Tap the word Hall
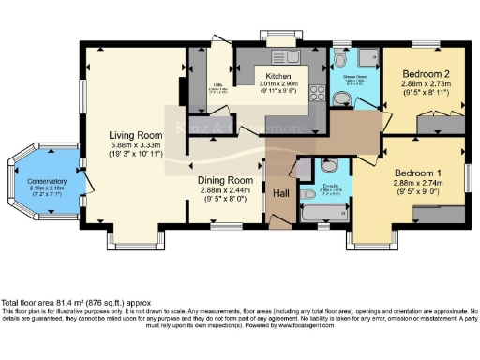tap(280, 194)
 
